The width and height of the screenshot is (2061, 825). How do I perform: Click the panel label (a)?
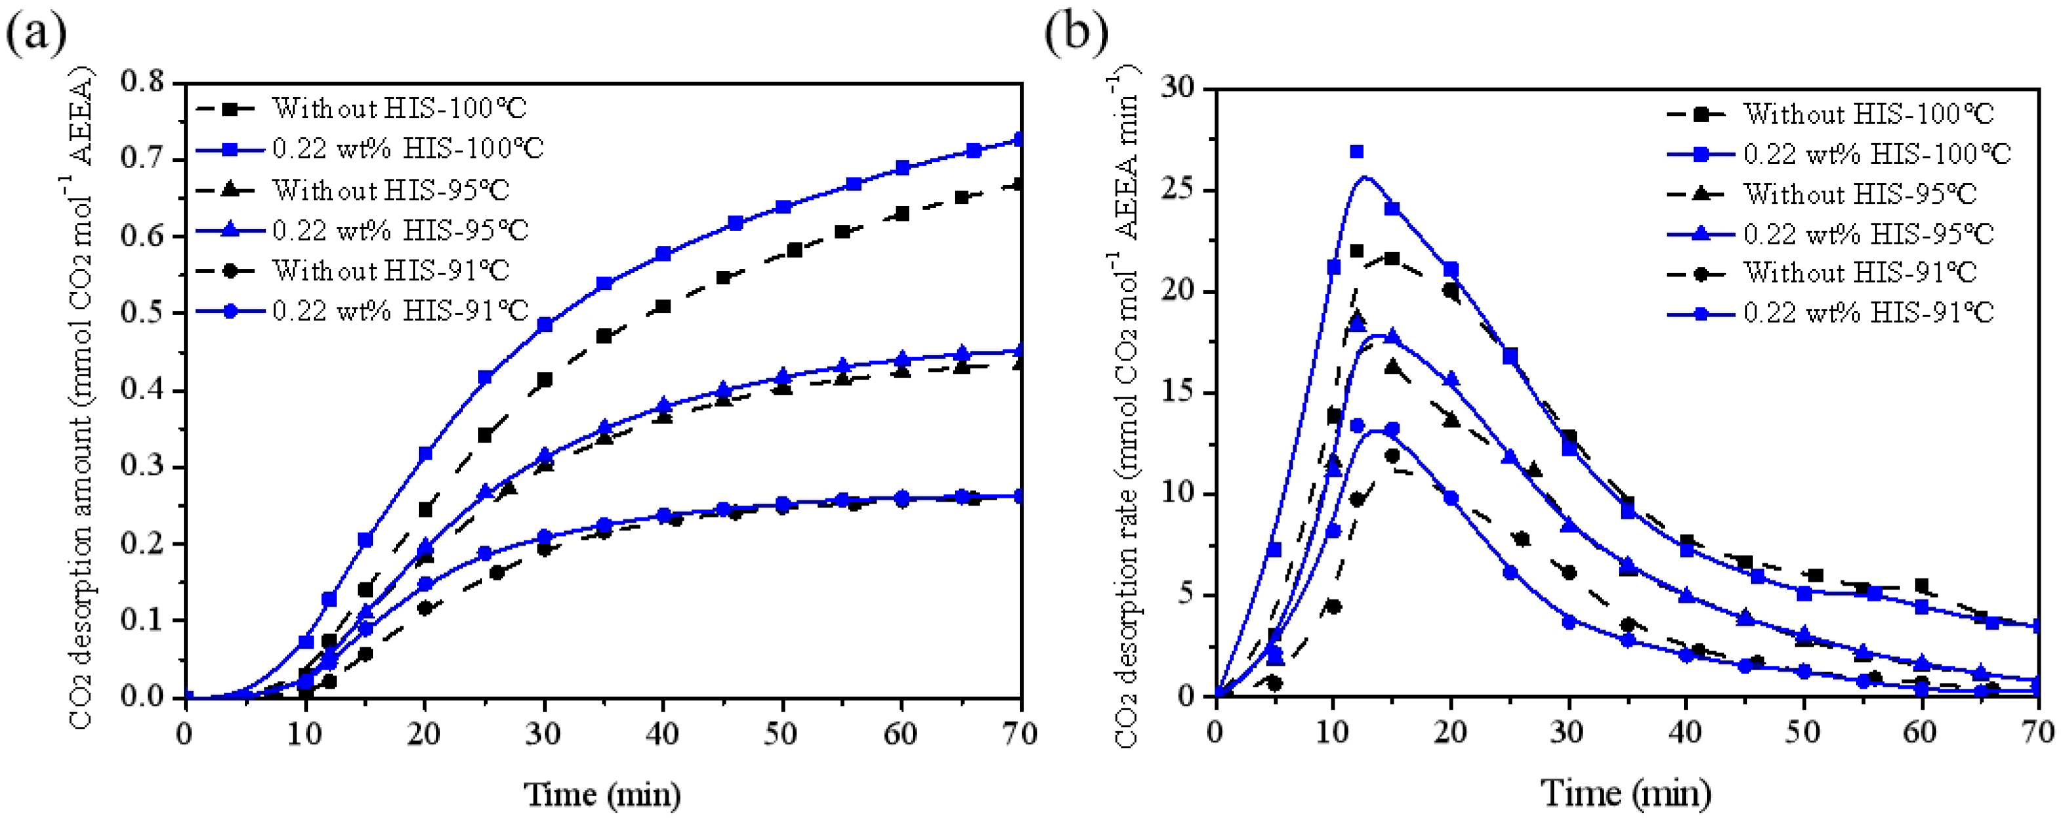tap(36, 33)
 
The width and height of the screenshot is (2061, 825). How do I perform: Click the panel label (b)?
tap(1077, 33)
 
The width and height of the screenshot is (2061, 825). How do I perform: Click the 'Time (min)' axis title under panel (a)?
tap(602, 795)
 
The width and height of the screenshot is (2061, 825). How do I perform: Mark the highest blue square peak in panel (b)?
tap(1357, 152)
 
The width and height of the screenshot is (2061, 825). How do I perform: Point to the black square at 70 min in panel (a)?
tap(1019, 185)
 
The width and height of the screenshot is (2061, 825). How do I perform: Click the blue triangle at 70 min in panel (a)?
tap(1019, 350)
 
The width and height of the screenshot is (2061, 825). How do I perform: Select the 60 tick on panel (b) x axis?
tap(1919, 731)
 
